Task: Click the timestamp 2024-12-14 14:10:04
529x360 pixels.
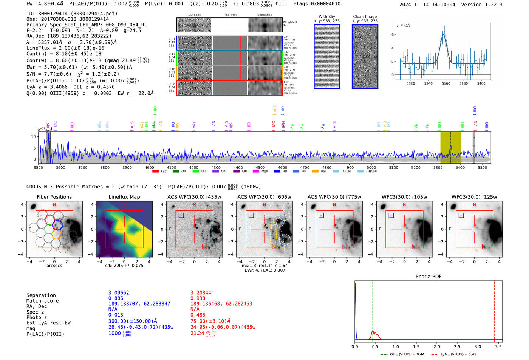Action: [427, 5]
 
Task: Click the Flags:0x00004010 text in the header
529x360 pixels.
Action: [317, 4]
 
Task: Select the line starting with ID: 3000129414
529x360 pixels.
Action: [72, 14]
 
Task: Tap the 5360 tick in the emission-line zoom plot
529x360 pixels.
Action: [446, 83]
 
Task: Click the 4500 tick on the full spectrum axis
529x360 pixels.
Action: [260, 168]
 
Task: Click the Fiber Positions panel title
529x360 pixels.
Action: [54, 197]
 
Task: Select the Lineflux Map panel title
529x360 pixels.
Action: [124, 197]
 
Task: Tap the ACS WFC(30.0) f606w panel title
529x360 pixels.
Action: [264, 197]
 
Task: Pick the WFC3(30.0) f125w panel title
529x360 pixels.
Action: [474, 197]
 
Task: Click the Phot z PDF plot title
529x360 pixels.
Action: [428, 277]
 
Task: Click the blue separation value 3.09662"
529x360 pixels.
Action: [120, 293]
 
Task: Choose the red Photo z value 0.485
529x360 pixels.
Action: [198, 315]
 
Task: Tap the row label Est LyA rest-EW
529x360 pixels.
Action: [48, 323]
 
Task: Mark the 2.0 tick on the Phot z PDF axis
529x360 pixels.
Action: [436, 346]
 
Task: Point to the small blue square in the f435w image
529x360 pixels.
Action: [181, 215]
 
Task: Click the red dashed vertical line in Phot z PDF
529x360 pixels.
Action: [495, 310]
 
